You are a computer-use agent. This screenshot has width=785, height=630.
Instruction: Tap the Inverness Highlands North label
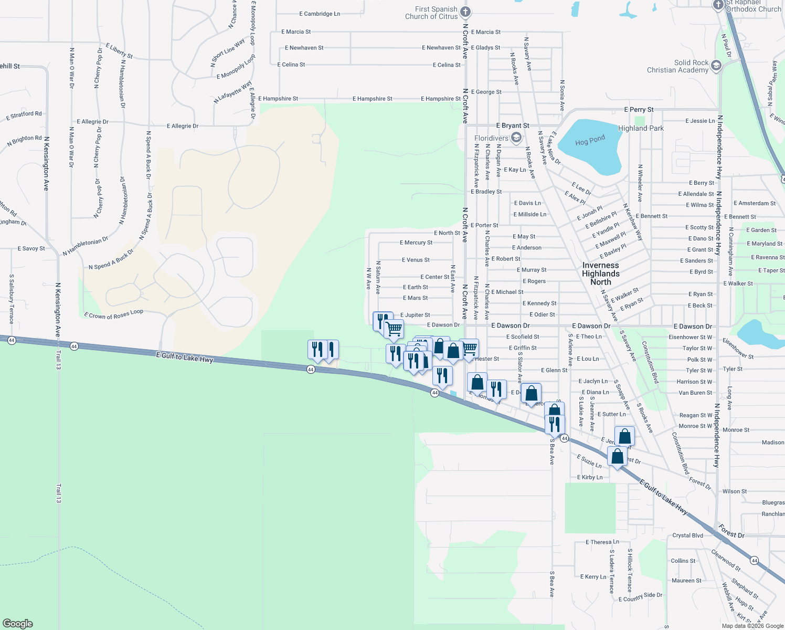601,274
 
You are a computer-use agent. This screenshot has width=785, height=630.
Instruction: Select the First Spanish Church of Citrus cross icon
465,12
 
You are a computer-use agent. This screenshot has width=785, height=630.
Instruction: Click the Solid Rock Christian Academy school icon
716,66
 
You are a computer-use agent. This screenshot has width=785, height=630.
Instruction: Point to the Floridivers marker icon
516,138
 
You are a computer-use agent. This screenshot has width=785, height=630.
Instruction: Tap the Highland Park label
641,128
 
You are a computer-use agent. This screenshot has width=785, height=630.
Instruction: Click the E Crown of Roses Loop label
113,314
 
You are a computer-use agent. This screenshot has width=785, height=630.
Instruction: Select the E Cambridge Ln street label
320,14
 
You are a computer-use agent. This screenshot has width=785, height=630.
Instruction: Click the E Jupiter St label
415,315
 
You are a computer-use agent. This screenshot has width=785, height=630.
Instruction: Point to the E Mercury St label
416,243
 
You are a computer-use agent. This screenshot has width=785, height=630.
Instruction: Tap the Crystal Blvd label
687,535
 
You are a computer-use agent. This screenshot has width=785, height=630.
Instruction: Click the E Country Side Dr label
640,597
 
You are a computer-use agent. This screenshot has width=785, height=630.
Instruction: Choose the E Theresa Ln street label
602,542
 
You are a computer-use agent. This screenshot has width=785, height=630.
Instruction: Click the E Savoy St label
31,248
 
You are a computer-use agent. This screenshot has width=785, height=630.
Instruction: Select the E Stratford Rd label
24,115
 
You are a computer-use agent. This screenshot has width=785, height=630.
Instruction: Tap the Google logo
18,623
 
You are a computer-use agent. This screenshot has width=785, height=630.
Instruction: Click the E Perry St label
639,110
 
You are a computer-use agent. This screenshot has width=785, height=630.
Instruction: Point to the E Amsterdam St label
755,203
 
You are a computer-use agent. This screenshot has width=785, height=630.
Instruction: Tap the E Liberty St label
119,51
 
